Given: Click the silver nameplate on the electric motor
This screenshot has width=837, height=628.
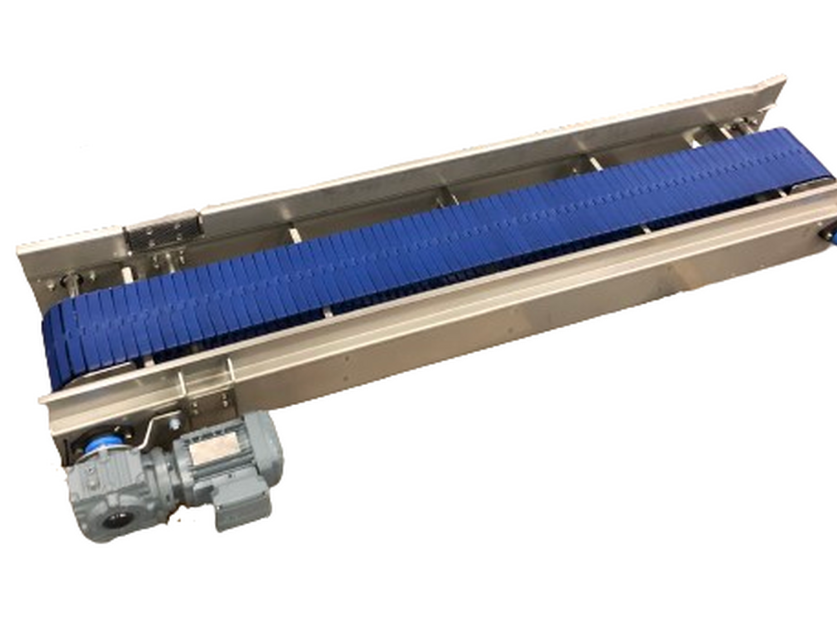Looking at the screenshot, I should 215,450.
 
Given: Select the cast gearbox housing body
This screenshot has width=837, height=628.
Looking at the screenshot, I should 112,491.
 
